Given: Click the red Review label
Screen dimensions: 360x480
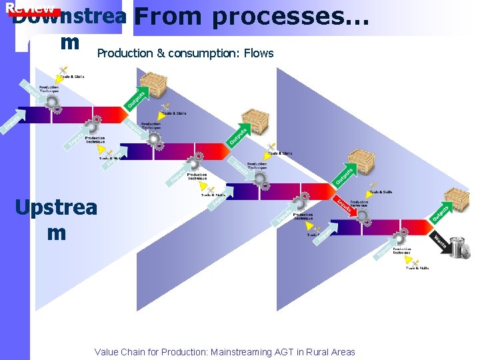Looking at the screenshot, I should (x=29, y=9).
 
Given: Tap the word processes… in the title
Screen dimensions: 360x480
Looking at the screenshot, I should (x=290, y=17).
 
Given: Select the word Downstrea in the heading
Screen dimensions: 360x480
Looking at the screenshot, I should (x=69, y=17).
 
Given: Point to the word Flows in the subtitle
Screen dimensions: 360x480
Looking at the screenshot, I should (x=259, y=53).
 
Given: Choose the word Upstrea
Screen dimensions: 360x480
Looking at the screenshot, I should (x=56, y=207).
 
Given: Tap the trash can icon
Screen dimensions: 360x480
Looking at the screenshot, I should (x=459, y=247).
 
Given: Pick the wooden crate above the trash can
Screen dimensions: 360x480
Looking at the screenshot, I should (x=457, y=199).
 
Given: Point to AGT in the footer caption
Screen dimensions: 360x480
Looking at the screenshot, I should (x=285, y=352).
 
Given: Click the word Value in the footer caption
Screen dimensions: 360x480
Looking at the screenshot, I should (x=107, y=352).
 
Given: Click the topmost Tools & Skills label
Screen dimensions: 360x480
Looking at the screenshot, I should (x=73, y=77).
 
